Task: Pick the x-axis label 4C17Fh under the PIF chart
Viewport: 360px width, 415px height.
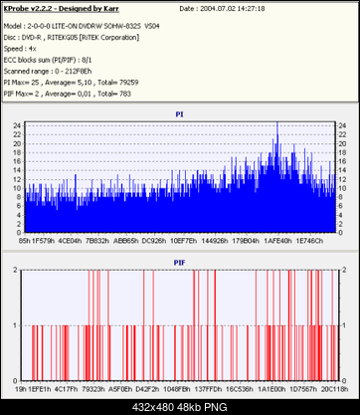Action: [x=69, y=389]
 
